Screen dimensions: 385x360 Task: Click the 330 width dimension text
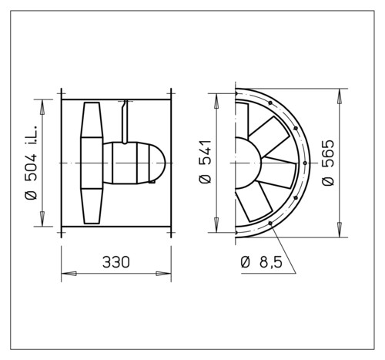116,262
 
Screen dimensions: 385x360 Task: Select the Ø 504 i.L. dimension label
32,163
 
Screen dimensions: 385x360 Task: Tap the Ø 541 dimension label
205,162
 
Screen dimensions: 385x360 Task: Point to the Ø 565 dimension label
328,163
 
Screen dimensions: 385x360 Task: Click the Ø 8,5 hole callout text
262,262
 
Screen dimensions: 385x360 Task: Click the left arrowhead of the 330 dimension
69,274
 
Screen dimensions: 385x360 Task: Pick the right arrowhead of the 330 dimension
163,274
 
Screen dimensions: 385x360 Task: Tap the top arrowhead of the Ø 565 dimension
340,96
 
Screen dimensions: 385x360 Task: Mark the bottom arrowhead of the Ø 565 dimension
340,230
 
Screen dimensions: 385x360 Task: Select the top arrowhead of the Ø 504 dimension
42,107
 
